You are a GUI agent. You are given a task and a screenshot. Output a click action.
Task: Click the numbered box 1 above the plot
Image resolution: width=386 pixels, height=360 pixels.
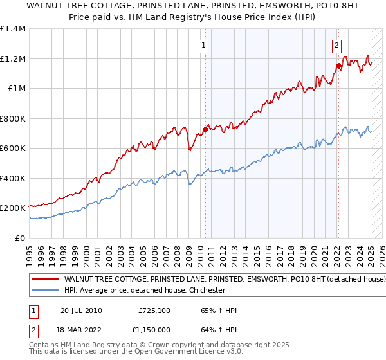click(203, 45)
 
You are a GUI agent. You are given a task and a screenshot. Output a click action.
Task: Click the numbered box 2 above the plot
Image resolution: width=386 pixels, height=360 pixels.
click(336, 45)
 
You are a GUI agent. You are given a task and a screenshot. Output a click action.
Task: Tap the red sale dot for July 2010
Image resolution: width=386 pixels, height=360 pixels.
click(205, 129)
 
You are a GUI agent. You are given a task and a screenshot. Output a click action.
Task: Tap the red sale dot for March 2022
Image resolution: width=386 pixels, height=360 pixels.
click(338, 66)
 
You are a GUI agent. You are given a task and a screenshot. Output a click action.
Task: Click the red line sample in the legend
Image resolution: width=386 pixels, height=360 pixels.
click(46, 280)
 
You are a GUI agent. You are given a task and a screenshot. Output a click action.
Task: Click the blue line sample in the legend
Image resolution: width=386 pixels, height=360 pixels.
click(46, 291)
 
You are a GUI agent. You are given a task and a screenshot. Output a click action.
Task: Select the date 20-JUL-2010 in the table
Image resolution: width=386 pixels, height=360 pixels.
click(81, 310)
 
